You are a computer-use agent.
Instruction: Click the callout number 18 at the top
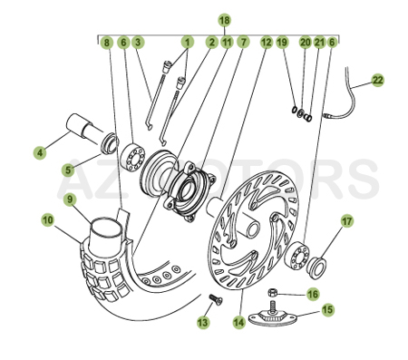click(224, 20)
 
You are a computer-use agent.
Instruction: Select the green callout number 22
click(377, 80)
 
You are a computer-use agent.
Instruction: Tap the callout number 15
click(327, 309)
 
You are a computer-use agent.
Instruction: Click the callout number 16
click(312, 293)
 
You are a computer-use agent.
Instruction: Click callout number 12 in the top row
click(266, 42)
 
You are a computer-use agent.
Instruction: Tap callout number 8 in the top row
click(107, 42)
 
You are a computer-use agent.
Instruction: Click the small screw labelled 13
click(216, 301)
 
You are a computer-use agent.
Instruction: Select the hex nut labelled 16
click(276, 295)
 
